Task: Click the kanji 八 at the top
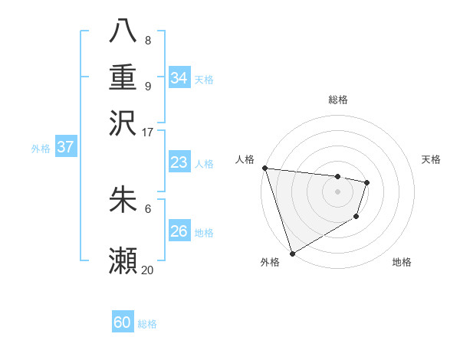coord(123,32)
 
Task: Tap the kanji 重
coord(123,77)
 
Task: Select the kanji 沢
coord(123,123)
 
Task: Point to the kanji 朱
coord(123,200)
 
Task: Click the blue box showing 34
coord(179,78)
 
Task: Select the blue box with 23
coord(179,162)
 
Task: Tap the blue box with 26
coord(179,231)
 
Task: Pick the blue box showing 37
coord(66,148)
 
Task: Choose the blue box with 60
coord(123,322)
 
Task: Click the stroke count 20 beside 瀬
coord(147,270)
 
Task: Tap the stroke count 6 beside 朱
coord(147,208)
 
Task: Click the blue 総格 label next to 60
coord(147,324)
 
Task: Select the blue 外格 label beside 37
coord(41,149)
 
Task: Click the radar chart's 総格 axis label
coord(337,100)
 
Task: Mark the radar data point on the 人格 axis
coord(264,168)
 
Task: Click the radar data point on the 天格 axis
coord(367,182)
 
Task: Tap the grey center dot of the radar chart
coord(337,191)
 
